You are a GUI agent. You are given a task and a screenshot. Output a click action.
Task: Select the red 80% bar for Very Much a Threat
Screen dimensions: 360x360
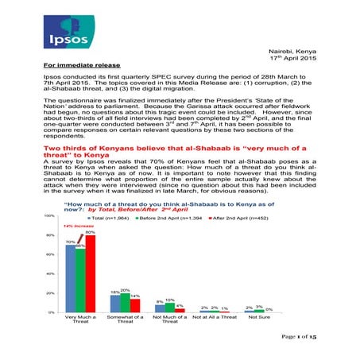point(90,273)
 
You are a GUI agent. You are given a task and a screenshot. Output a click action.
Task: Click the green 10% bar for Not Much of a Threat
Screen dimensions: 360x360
point(169,308)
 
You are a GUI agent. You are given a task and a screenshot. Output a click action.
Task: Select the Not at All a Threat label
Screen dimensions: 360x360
point(214,318)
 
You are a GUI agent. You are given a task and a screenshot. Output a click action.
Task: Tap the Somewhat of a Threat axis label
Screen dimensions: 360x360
point(125,321)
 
